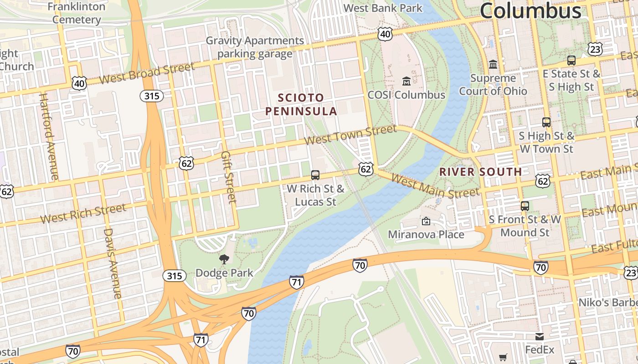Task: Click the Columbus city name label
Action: tap(530, 11)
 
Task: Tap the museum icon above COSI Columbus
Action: tap(406, 81)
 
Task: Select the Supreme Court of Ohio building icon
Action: tap(493, 65)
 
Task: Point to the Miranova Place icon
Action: tap(426, 222)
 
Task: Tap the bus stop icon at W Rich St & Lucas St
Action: tap(315, 175)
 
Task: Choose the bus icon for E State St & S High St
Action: tap(571, 60)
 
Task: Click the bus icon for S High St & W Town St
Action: tap(546, 122)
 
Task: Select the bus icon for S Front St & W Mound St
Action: tap(525, 206)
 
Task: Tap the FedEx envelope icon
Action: tap(540, 337)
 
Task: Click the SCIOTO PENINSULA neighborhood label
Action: tap(301, 104)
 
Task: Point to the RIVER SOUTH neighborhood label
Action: tap(480, 172)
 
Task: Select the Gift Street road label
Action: tap(228, 177)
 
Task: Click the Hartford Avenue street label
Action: tap(49, 136)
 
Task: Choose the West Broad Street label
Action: tap(147, 73)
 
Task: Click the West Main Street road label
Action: tap(435, 187)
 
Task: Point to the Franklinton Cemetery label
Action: tap(76, 13)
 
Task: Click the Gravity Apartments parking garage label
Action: tap(255, 47)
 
